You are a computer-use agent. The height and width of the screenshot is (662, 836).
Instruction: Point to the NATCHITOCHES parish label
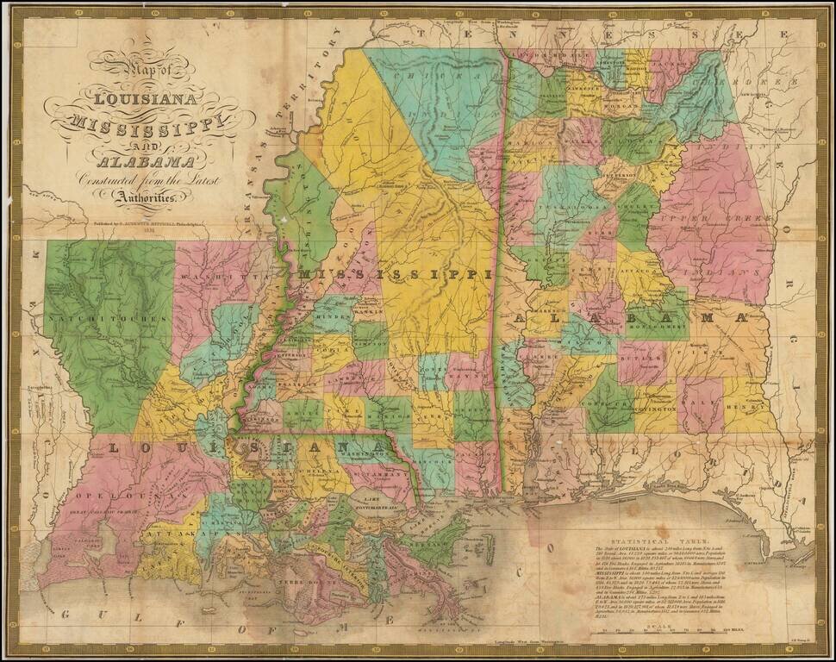107,319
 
